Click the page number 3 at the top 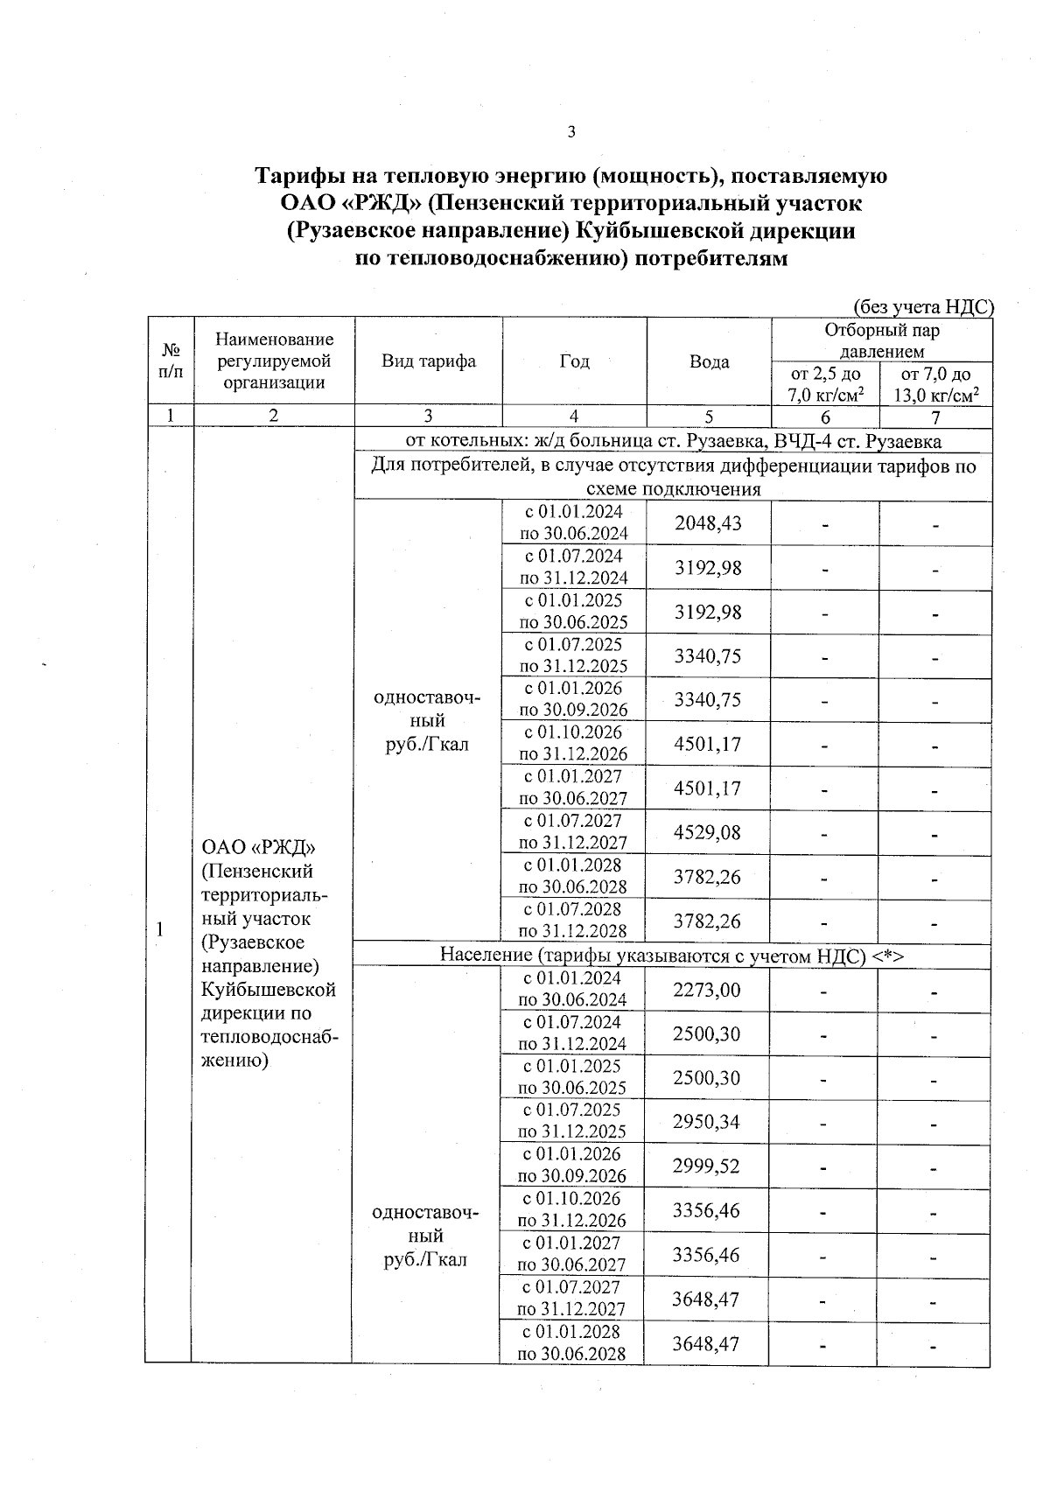(571, 132)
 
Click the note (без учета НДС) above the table (923, 306)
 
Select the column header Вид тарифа (429, 361)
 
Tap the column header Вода (709, 361)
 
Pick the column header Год (574, 361)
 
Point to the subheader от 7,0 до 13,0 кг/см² (935, 384)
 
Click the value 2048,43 (708, 523)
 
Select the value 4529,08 (708, 832)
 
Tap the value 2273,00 (707, 990)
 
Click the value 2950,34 (707, 1122)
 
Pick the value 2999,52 (707, 1166)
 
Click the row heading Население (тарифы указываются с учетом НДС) (671, 956)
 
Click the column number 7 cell (935, 417)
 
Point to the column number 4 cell (574, 417)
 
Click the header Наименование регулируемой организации (274, 361)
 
